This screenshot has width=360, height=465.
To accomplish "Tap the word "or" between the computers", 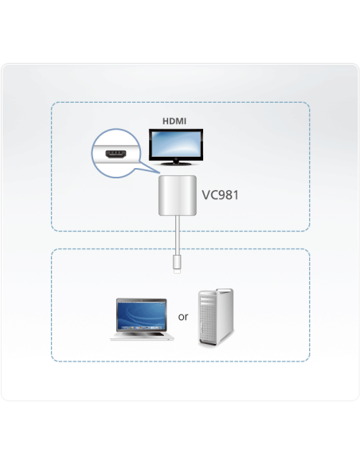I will pos(182,316).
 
